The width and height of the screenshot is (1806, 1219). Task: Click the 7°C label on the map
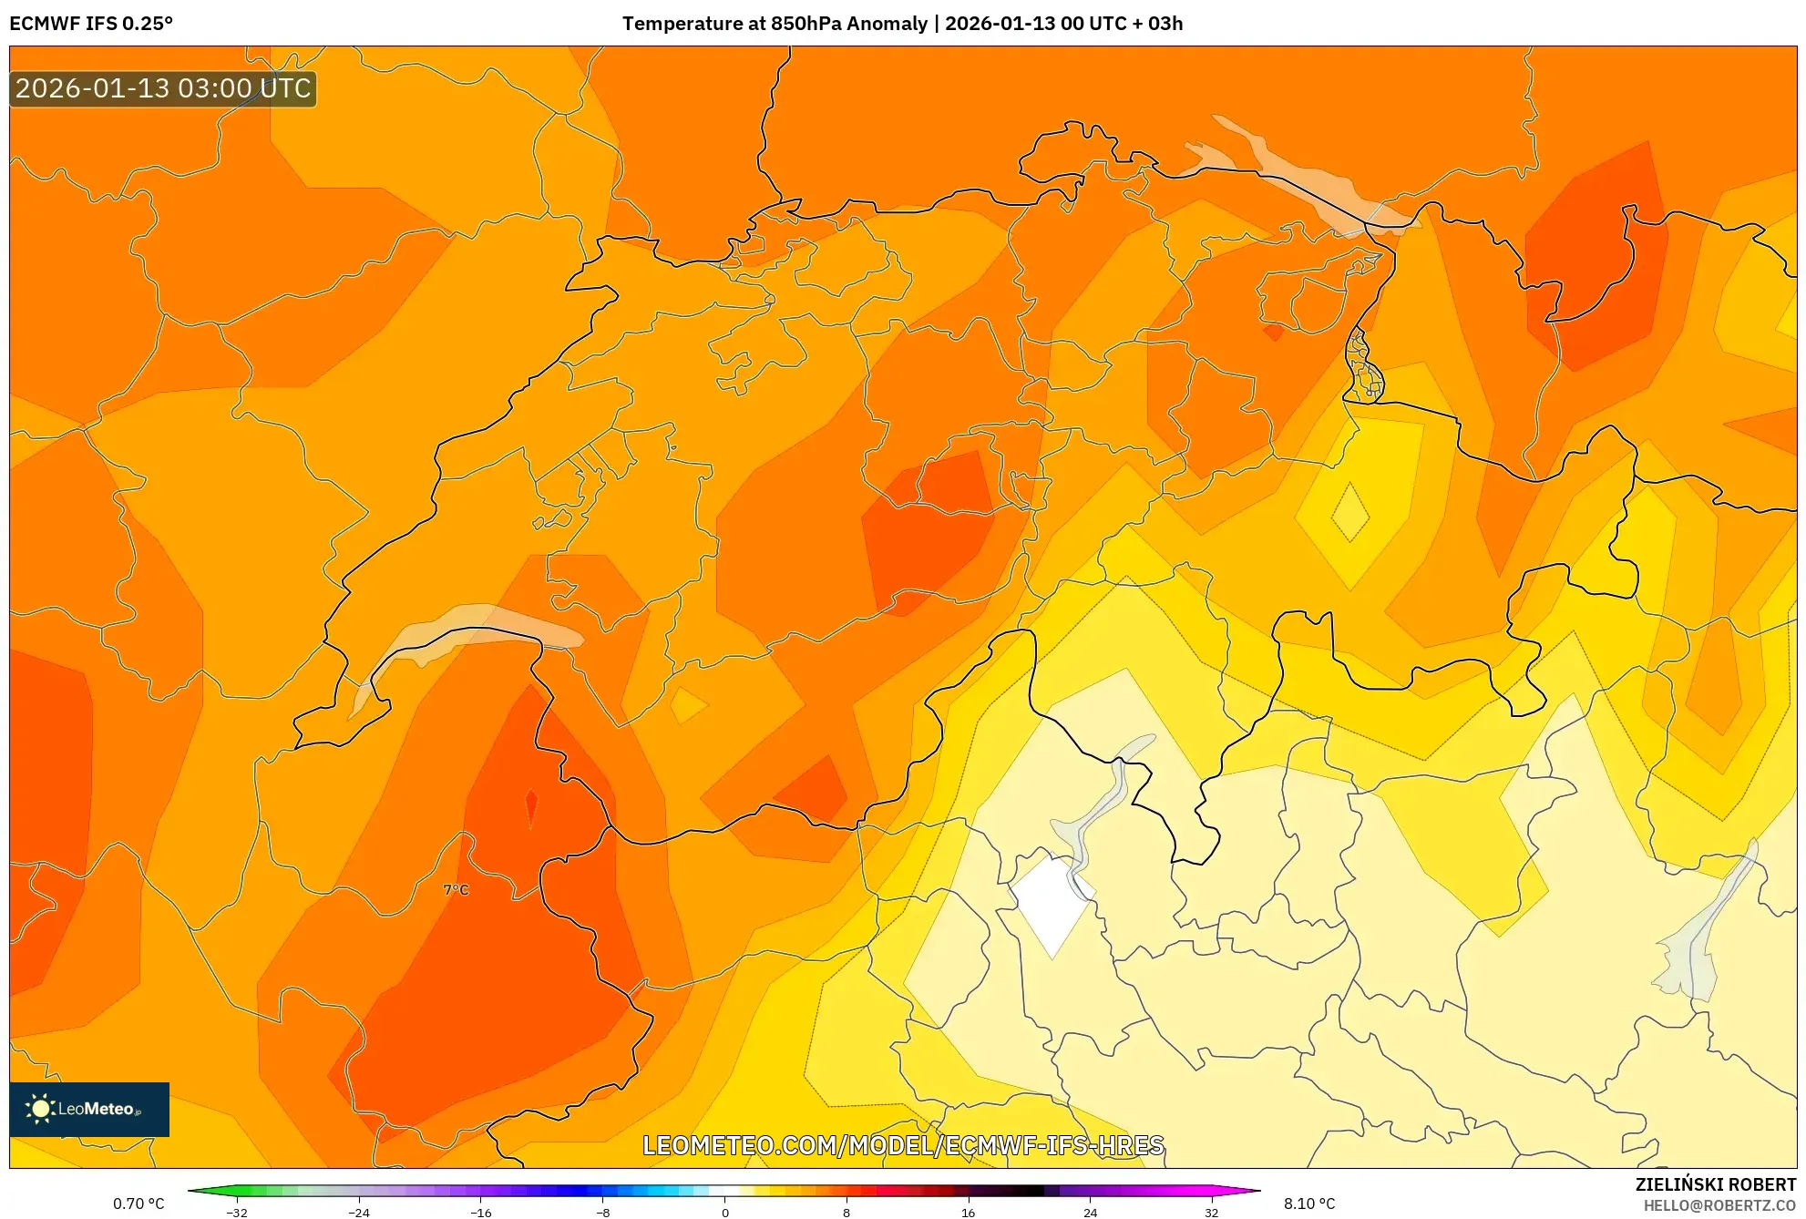pos(456,889)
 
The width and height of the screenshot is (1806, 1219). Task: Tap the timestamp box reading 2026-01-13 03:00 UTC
pos(163,88)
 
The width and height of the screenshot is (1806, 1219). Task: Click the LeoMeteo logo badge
pos(89,1109)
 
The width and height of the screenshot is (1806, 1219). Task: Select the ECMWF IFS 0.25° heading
pos(91,24)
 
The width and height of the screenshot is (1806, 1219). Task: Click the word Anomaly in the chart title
pos(887,24)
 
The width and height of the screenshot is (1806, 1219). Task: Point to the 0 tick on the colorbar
pos(725,1212)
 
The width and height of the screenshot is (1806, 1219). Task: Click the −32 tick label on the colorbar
pos(237,1213)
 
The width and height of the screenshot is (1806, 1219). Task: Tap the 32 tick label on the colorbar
pos(1211,1213)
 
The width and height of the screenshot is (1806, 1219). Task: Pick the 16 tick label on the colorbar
pos(968,1213)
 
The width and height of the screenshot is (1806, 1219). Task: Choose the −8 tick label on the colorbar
pos(602,1213)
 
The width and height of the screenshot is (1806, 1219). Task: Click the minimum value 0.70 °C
pos(139,1204)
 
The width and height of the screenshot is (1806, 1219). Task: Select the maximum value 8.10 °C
pos(1309,1204)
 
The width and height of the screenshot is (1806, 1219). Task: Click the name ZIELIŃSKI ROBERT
pos(1716,1184)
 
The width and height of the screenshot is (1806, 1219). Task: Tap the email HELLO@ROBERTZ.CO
pos(1719,1205)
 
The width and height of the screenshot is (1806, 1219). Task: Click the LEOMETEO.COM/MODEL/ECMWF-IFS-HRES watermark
pos(903,1145)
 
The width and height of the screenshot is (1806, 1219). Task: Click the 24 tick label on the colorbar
pos(1090,1213)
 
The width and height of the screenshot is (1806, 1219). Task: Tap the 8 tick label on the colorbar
pos(847,1213)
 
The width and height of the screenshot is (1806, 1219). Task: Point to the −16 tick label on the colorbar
pos(480,1213)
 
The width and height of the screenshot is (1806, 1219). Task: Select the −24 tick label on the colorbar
pos(359,1213)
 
